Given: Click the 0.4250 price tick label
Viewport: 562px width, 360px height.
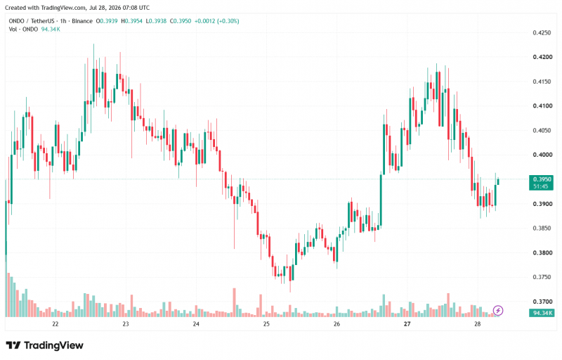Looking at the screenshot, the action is (542, 32).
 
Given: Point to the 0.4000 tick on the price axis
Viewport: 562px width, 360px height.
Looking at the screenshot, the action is (542, 155).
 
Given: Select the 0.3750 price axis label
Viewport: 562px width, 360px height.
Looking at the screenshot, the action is (542, 277).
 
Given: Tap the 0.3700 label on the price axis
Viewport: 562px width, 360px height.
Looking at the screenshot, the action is (542, 302).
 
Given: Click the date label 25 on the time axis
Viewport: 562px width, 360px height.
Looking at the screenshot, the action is (266, 324).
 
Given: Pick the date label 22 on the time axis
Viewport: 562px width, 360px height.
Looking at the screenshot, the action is (55, 324).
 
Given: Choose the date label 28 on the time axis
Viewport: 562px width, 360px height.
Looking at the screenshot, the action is (477, 324).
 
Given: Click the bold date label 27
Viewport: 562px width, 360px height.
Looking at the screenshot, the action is (407, 324).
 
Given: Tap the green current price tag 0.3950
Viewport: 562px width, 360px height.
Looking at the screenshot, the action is (541, 183).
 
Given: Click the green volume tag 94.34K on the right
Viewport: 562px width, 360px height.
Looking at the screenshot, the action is (541, 313).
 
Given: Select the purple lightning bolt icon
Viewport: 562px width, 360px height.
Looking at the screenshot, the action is (498, 311).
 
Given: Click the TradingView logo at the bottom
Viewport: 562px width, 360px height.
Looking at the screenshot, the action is (45, 346).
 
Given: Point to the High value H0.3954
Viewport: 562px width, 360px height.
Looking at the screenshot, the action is (131, 21).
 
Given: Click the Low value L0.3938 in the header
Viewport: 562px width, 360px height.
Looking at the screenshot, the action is (156, 21).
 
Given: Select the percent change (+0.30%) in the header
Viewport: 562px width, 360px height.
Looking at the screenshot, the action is (228, 21).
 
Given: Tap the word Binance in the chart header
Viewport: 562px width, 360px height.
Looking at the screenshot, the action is (82, 21).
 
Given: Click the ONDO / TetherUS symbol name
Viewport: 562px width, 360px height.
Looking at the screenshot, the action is (32, 21).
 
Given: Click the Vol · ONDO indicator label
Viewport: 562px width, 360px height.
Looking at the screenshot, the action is (23, 29).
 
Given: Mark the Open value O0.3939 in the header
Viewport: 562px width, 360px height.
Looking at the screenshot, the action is (107, 21).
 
